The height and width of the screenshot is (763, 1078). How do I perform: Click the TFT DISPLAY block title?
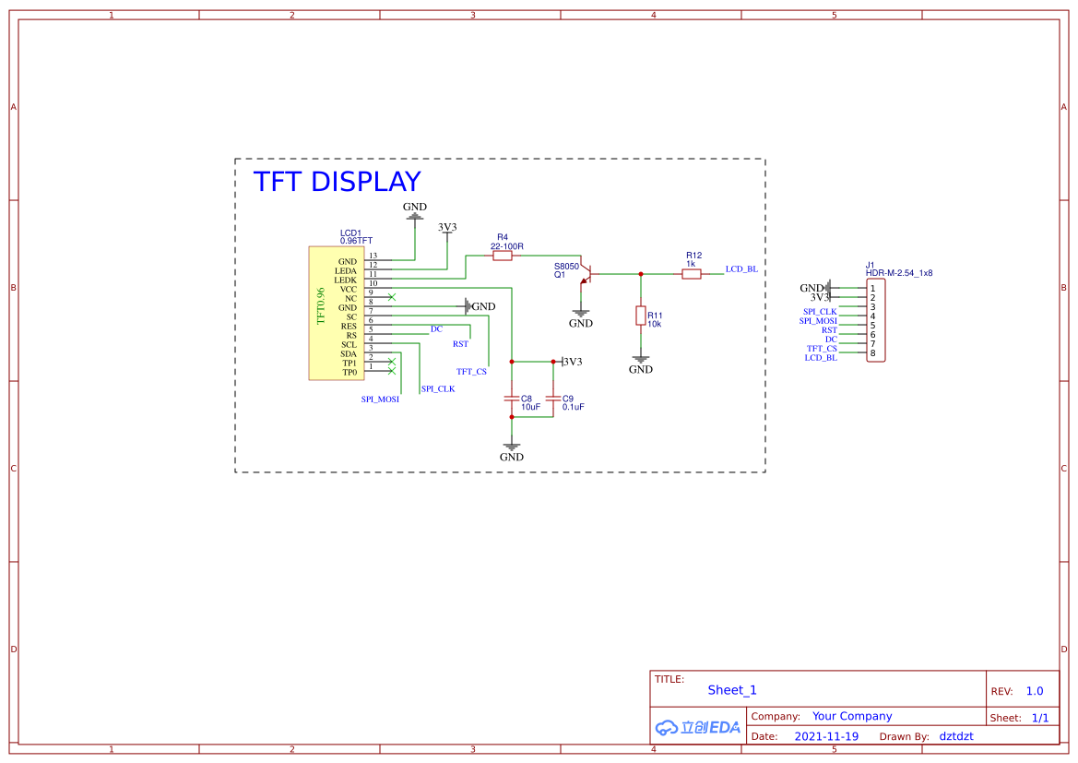click(x=337, y=182)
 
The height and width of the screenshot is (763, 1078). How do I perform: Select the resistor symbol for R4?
click(x=503, y=256)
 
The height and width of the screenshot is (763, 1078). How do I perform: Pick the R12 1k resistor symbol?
click(x=692, y=273)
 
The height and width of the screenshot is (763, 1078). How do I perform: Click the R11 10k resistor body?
click(x=640, y=316)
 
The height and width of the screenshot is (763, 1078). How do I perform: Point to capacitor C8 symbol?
click(x=512, y=399)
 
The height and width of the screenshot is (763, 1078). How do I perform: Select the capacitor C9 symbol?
click(x=552, y=399)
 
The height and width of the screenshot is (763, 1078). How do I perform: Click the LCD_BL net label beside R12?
click(x=741, y=269)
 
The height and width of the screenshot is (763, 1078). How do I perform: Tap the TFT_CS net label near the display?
click(x=471, y=372)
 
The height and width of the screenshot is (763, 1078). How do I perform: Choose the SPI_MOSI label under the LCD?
click(x=380, y=399)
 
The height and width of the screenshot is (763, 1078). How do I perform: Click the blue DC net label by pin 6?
click(x=436, y=329)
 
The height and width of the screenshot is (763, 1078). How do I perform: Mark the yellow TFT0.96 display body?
click(x=337, y=313)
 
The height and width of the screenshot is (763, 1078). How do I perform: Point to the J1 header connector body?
click(x=875, y=321)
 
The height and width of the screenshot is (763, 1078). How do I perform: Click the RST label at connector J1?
click(x=829, y=330)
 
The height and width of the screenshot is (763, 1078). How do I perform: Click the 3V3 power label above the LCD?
click(x=447, y=227)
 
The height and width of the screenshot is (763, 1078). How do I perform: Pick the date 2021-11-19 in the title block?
click(x=826, y=736)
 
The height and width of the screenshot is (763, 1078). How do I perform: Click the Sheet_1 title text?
click(x=732, y=690)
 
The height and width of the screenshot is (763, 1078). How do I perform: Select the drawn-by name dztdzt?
click(x=956, y=736)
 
